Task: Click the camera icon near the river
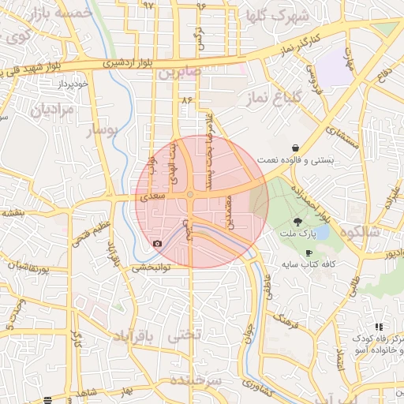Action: (157, 243)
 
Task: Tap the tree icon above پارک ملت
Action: (297, 222)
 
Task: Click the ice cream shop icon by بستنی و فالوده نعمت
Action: (295, 148)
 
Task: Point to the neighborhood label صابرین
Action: (178, 73)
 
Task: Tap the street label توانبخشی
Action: (148, 267)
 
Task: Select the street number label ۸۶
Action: (187, 100)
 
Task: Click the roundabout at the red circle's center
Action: (190, 195)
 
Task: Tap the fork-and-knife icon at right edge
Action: (379, 327)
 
